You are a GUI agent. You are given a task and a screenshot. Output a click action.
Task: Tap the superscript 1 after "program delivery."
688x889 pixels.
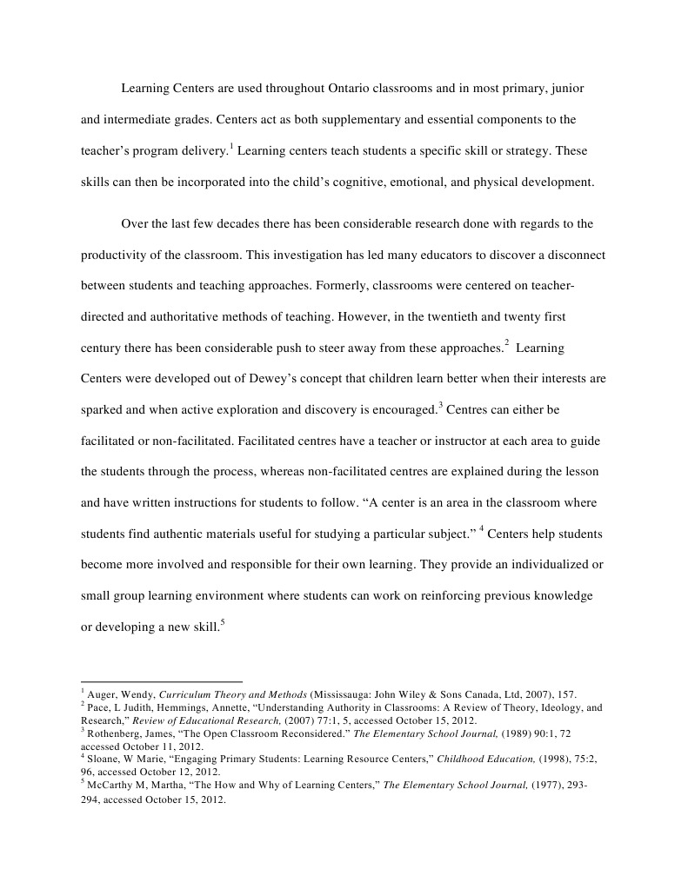click(x=231, y=145)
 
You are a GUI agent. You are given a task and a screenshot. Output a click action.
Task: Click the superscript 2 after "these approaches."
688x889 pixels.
click(x=506, y=343)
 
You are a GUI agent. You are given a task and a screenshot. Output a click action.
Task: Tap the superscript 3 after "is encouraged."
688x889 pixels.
click(x=441, y=404)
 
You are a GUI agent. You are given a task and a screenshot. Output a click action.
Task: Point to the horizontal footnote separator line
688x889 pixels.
click(x=162, y=681)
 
